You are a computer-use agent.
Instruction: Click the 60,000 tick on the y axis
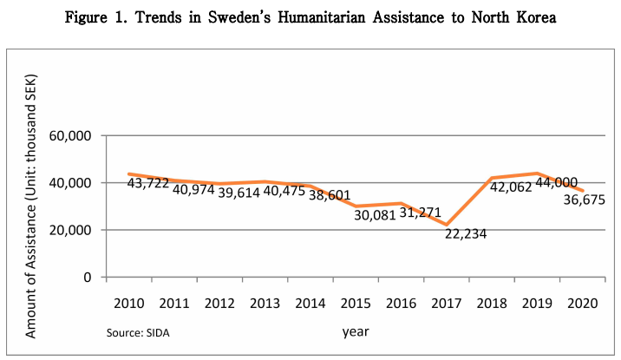72,136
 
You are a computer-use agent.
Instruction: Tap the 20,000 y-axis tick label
72,231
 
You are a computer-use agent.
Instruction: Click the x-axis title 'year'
356,331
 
